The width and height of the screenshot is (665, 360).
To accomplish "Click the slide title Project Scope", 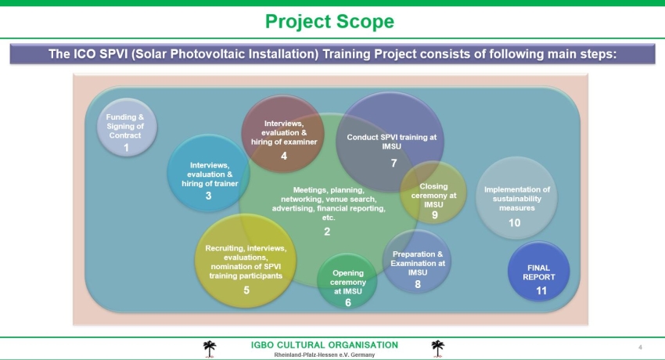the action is coord(329,22).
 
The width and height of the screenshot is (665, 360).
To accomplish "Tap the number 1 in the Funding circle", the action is coord(126,148).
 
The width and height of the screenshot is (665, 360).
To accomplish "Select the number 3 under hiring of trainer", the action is coord(208,196).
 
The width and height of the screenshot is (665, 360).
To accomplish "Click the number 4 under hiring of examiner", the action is coord(284,156).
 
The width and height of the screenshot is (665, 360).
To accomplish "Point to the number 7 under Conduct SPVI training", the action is coord(394,164).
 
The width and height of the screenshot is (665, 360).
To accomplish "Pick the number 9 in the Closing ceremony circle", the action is coord(435,215).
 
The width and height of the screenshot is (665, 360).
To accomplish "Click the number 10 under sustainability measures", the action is coord(515,222).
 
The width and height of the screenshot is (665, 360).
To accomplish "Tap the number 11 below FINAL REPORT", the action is coord(541,291).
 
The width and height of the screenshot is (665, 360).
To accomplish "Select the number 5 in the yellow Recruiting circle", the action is coord(246,290).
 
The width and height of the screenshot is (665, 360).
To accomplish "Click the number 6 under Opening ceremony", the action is coord(348,303).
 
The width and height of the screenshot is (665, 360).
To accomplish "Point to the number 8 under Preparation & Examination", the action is coord(418,285).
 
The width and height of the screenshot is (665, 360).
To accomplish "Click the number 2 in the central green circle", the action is coord(327,232).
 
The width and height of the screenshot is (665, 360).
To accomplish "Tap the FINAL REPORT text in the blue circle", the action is coord(538,272).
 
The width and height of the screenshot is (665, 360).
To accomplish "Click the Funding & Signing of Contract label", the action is coord(125,126).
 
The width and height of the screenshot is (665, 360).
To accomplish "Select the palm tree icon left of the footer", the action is coord(210,349).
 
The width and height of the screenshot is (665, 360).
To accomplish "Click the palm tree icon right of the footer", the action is coord(437,348).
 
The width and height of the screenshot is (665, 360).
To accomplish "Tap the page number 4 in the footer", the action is coord(640,347).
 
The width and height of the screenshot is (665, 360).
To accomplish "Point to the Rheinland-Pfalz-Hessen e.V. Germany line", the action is coord(325,355).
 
